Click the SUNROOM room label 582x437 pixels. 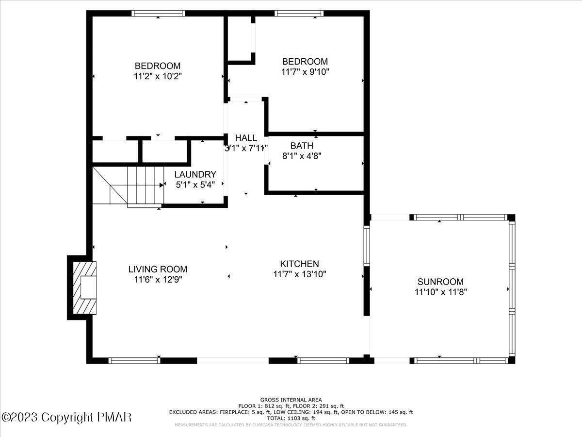(440, 282)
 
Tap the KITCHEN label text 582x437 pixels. (299, 264)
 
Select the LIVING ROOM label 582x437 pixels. (158, 269)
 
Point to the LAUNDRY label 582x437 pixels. (195, 174)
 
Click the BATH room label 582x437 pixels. (302, 146)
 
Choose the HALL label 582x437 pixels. (246, 138)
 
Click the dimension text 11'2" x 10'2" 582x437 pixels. (158, 76)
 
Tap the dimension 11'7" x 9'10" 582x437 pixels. (305, 72)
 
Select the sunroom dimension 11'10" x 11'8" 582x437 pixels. (440, 292)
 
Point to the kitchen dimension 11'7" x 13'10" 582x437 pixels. (299, 274)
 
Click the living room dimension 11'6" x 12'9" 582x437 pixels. (158, 279)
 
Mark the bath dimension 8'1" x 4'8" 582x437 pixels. (302, 156)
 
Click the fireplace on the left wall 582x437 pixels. (82, 287)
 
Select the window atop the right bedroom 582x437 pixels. (299, 14)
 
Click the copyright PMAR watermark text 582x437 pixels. (66, 417)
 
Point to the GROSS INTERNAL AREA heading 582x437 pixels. (291, 400)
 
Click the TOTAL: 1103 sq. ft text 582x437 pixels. (291, 418)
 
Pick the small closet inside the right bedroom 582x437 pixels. (240, 38)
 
